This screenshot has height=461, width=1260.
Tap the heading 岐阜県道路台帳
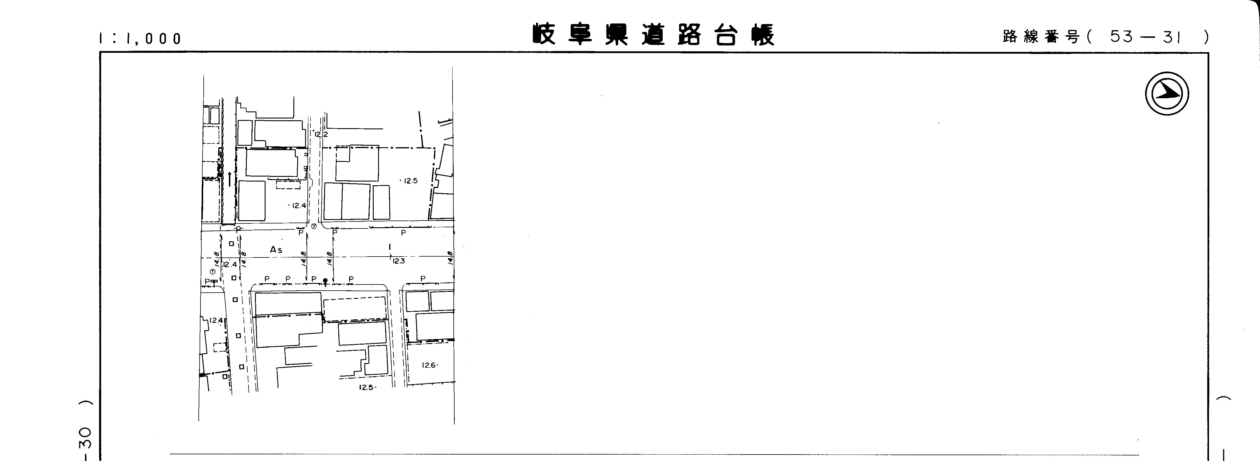654,34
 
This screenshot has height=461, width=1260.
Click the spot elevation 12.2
321,134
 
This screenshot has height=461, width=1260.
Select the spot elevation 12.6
429,365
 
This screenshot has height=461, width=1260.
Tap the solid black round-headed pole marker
325,280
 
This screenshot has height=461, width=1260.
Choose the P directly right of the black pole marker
351,279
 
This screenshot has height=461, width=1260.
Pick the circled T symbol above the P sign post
212,272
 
